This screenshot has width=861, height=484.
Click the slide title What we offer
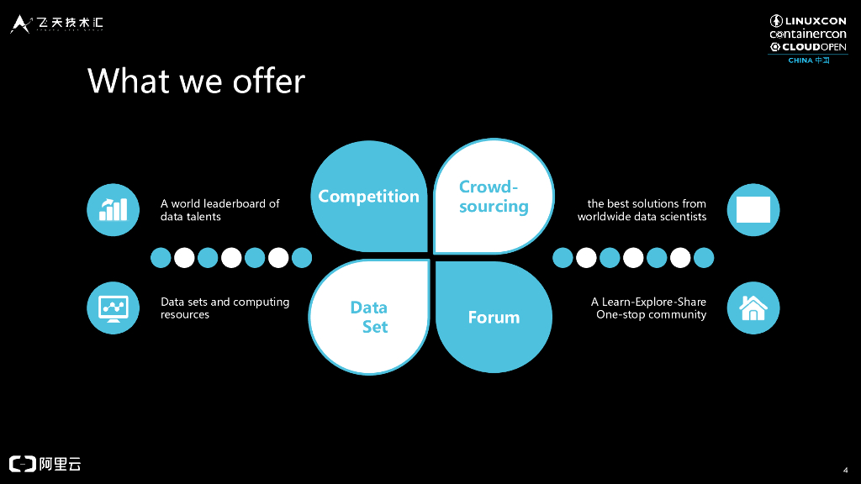point(196,82)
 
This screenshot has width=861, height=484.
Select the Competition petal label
point(368,197)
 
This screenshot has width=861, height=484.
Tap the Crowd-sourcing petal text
point(494,197)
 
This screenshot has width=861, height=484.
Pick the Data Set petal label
point(369,317)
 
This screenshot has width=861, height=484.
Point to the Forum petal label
point(494,318)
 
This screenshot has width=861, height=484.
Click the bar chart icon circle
point(114,209)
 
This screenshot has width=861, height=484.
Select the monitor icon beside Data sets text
point(114,308)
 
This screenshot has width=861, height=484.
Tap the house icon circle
point(753,308)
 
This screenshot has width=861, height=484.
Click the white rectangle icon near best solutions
point(753,209)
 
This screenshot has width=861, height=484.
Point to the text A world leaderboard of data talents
point(219,210)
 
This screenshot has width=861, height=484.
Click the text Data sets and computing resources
point(224,308)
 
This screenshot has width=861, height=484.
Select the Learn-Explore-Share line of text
point(648,302)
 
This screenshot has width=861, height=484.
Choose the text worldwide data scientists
point(642,217)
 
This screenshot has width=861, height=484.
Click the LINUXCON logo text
point(815,21)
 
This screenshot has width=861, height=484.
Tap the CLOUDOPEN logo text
point(815,47)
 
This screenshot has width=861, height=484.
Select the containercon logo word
point(808,34)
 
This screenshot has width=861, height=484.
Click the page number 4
point(844,469)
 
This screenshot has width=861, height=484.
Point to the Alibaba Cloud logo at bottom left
point(45,464)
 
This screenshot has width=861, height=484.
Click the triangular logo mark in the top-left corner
point(20,24)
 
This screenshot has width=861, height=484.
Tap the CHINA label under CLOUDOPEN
point(800,60)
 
